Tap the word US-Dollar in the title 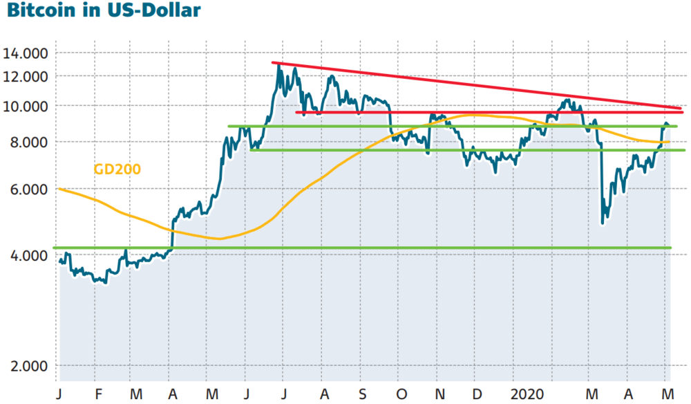[x=154, y=10]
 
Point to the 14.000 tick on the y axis [x=25, y=54]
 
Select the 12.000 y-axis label [x=25, y=77]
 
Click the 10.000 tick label [x=25, y=107]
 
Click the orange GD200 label [x=117, y=169]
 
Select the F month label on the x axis [x=98, y=394]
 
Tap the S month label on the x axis [x=362, y=394]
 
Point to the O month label [x=401, y=394]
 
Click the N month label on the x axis [x=439, y=394]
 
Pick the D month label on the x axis [x=477, y=394]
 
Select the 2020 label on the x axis [x=527, y=394]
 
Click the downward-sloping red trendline [x=476, y=86]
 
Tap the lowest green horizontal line [x=362, y=248]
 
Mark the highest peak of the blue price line [x=278, y=65]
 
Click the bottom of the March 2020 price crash [x=603, y=223]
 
